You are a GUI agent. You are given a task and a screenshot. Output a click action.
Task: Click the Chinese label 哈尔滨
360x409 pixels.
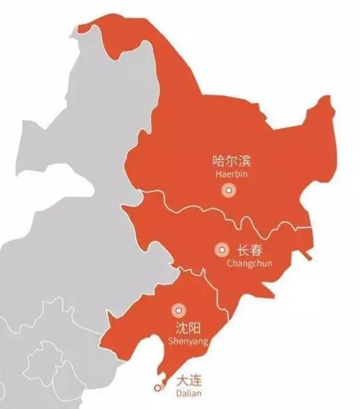[231, 162]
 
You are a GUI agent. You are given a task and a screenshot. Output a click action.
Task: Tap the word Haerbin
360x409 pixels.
[230, 175]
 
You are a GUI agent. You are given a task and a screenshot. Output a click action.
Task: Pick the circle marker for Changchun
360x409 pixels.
[221, 250]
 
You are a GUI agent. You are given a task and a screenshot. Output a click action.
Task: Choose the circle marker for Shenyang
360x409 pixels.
[178, 310]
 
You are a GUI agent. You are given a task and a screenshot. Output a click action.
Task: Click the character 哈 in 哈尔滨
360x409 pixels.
[219, 162]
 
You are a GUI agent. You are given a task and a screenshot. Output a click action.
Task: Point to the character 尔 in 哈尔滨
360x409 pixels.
[231, 162]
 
